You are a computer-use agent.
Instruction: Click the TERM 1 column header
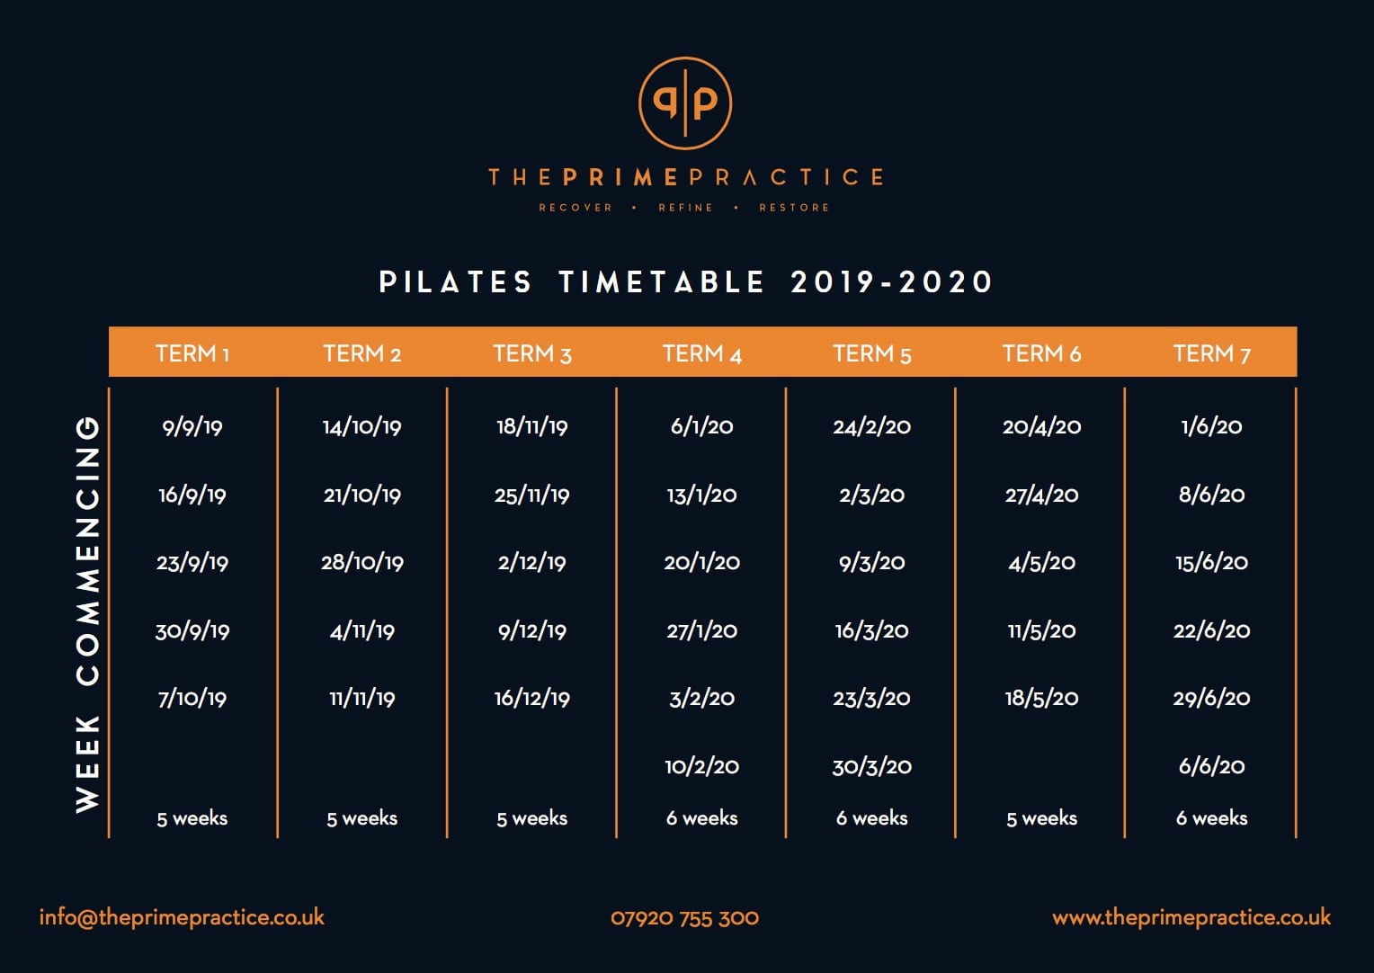192,354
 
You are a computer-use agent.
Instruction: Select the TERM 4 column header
701,354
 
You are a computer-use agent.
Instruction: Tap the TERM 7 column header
1211,354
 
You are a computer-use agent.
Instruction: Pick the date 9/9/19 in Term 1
192,427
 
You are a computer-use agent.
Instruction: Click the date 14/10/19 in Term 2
361,427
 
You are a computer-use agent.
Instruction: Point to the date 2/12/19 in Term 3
531,563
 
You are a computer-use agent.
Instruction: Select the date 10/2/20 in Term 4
701,766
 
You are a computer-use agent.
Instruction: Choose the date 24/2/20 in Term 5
871,427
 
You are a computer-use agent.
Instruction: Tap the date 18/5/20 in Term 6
1041,698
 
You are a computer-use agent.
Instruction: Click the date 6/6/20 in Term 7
1211,766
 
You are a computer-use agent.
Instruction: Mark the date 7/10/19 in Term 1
192,698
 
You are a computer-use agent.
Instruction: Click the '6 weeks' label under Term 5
871,817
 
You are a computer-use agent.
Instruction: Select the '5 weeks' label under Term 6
1041,817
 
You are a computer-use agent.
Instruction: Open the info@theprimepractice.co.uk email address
182,918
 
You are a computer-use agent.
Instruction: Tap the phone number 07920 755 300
684,918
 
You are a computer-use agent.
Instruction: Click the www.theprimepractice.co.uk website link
1191,918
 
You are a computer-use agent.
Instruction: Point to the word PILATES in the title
455,282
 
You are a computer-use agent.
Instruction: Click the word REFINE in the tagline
685,208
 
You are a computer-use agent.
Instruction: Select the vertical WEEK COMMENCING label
88,614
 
